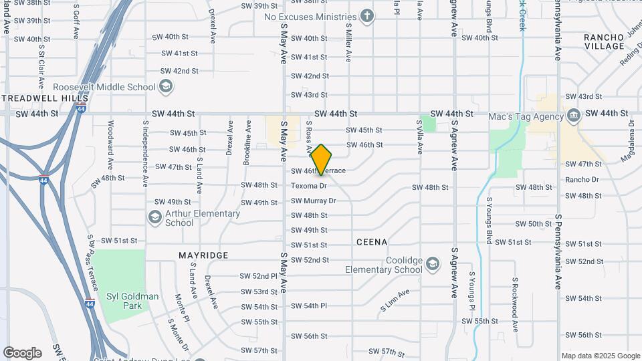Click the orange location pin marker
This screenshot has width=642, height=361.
321,159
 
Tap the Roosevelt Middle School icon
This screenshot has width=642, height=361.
166,87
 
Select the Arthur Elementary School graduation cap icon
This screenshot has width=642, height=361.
155,217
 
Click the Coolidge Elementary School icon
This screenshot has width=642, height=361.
432,263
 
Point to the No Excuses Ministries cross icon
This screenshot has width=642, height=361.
366,16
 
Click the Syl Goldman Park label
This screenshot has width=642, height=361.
132,301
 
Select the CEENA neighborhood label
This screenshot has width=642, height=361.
372,242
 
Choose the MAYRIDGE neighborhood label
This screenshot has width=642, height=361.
203,255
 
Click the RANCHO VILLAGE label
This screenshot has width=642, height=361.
603,41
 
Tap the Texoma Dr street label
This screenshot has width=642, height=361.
309,186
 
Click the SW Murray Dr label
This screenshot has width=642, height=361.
313,201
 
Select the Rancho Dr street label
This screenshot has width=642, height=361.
582,180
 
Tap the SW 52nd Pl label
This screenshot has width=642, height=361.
259,276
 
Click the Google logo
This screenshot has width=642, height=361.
23,352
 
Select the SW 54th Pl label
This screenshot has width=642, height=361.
309,306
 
